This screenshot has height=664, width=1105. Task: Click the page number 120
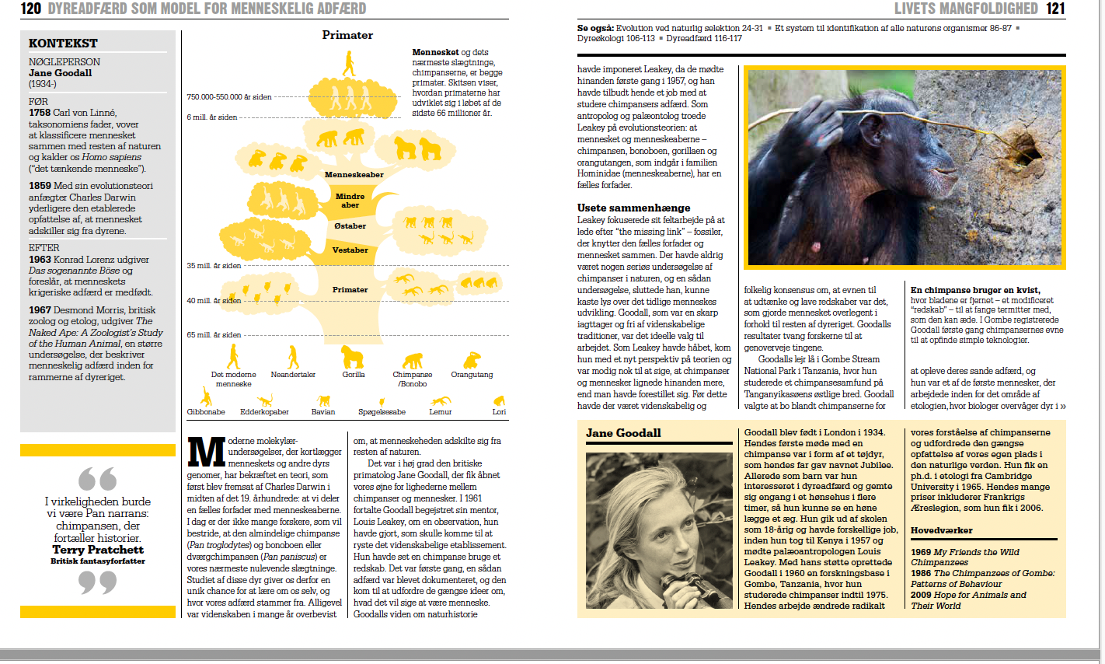(x=30, y=9)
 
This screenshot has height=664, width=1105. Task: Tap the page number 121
(x=1055, y=9)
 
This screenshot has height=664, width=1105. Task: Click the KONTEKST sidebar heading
(x=63, y=44)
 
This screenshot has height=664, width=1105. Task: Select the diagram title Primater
(x=347, y=35)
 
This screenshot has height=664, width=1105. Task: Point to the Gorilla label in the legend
(x=354, y=375)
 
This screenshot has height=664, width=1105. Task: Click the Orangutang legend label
(x=472, y=375)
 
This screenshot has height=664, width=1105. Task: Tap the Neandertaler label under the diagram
(x=293, y=375)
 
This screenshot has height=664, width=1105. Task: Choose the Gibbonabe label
(x=206, y=412)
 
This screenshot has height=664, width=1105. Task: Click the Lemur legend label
(x=441, y=412)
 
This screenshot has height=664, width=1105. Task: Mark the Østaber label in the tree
(x=350, y=226)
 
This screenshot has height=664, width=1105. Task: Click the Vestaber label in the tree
(x=350, y=250)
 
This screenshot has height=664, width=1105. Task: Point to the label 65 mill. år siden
(x=214, y=335)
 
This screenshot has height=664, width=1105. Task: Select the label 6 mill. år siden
(x=211, y=117)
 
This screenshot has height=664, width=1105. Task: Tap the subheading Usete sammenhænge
(x=633, y=208)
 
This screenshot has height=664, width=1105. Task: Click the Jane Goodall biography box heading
(x=623, y=433)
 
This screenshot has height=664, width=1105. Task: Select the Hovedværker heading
(x=941, y=530)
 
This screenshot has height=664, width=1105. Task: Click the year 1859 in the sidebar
(x=40, y=186)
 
